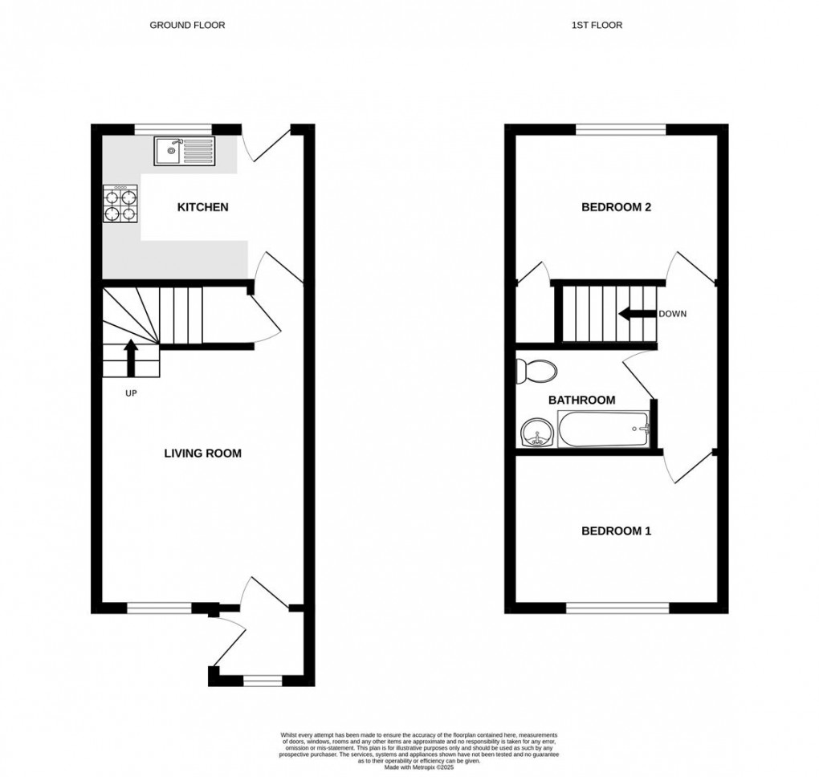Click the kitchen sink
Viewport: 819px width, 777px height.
(x=185, y=150)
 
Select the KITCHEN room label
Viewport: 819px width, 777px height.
(x=202, y=207)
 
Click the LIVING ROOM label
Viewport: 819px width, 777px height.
(x=202, y=454)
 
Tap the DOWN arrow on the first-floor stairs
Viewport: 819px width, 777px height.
(x=635, y=314)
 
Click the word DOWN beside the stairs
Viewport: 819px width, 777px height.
(x=672, y=314)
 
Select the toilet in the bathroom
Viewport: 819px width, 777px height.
(x=536, y=370)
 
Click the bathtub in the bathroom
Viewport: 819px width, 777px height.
(x=603, y=429)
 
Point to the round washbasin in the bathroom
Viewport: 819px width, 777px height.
(x=536, y=434)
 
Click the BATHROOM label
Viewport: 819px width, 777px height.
(x=582, y=400)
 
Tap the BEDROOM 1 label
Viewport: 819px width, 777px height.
(x=616, y=531)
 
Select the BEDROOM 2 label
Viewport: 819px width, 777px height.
(x=616, y=207)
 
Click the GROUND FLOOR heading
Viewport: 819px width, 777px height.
(x=187, y=25)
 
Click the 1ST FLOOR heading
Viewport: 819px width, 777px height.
(x=597, y=25)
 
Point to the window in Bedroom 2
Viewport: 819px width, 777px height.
(x=621, y=128)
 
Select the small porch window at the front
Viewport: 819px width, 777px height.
(x=263, y=681)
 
